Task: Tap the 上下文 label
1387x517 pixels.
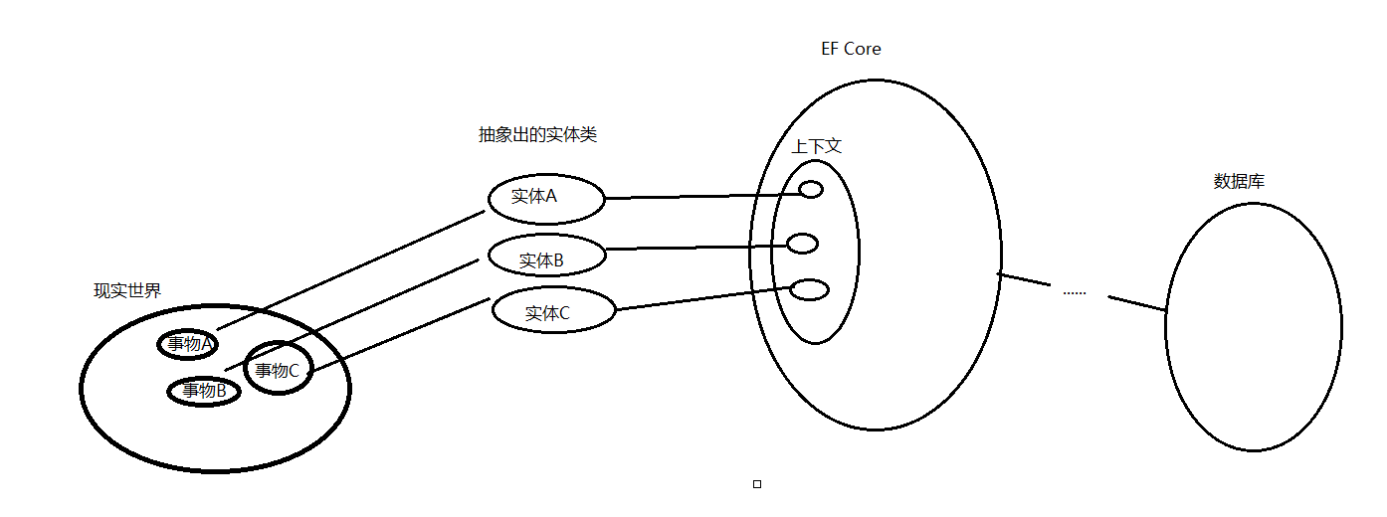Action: coord(817,146)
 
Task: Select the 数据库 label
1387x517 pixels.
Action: coord(1239,182)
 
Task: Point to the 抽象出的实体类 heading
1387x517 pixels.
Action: coord(537,135)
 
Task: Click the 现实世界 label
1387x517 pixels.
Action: coord(127,291)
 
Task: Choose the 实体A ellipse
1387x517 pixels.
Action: coord(546,199)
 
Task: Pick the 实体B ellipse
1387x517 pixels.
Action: coord(546,258)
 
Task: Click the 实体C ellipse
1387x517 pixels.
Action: coord(553,311)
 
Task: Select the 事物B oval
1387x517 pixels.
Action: coord(203,391)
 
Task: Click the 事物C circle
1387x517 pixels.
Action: coord(279,369)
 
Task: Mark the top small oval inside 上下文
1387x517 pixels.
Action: coord(811,190)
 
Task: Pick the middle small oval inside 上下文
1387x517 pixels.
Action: coord(802,244)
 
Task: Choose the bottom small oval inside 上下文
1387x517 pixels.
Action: coord(809,289)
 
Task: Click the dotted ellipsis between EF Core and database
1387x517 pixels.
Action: coord(1075,292)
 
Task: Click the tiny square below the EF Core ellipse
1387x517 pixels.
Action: coord(757,484)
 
